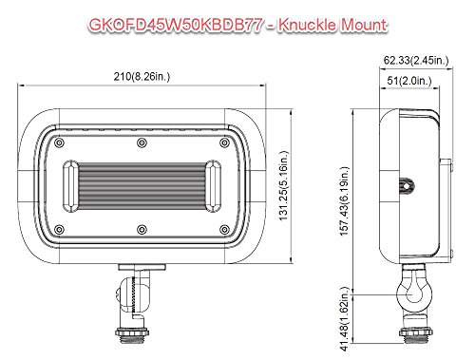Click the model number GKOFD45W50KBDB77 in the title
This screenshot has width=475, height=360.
click(176, 25)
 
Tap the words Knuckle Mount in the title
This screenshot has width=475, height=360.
click(332, 25)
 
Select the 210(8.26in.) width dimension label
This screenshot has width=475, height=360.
click(142, 76)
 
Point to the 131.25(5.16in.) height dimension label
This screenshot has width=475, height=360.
click(284, 185)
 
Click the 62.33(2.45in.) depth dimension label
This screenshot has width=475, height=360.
click(416, 60)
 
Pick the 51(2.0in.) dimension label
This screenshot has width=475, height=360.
click(409, 81)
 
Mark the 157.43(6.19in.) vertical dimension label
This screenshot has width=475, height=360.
click(345, 201)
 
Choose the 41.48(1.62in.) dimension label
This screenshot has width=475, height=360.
click(345, 319)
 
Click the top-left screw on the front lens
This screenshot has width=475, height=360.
click(59, 142)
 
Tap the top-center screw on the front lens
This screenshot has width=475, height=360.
click(142, 142)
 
